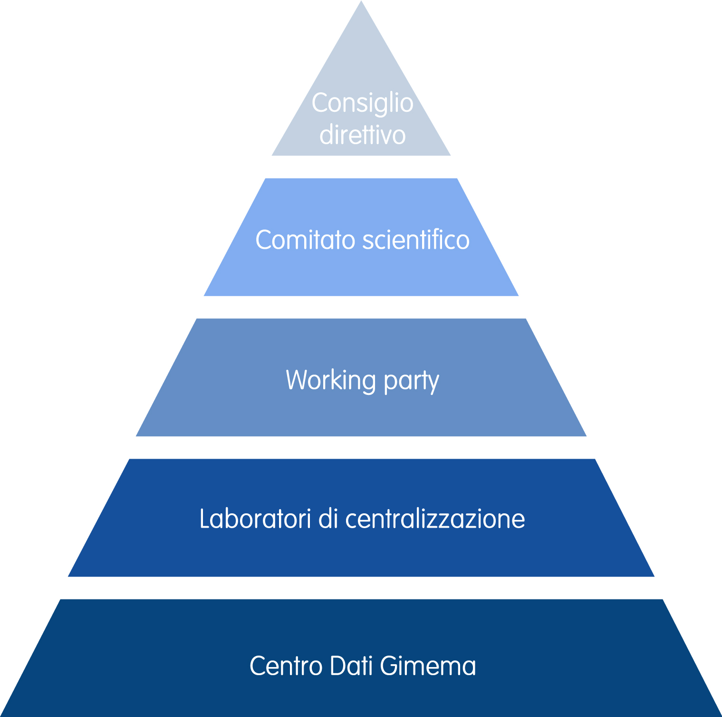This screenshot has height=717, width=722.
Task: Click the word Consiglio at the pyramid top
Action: tap(362, 103)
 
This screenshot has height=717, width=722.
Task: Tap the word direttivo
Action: tap(362, 135)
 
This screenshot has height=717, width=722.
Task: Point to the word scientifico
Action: tap(416, 239)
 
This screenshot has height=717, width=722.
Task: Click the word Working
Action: tap(331, 380)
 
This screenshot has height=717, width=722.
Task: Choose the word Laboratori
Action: tap(255, 519)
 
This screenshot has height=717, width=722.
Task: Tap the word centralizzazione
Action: tap(435, 519)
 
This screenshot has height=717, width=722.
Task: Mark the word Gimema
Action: tap(428, 665)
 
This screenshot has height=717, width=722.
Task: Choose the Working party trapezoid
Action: tap(361, 414)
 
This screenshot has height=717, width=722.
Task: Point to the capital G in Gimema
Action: tap(389, 665)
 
